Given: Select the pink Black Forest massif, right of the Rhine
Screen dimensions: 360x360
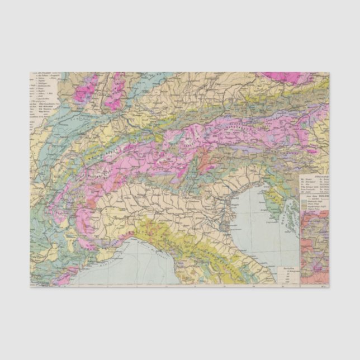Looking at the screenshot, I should tap(116, 89).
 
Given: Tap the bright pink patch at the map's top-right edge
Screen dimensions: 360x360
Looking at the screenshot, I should tap(283, 77).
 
